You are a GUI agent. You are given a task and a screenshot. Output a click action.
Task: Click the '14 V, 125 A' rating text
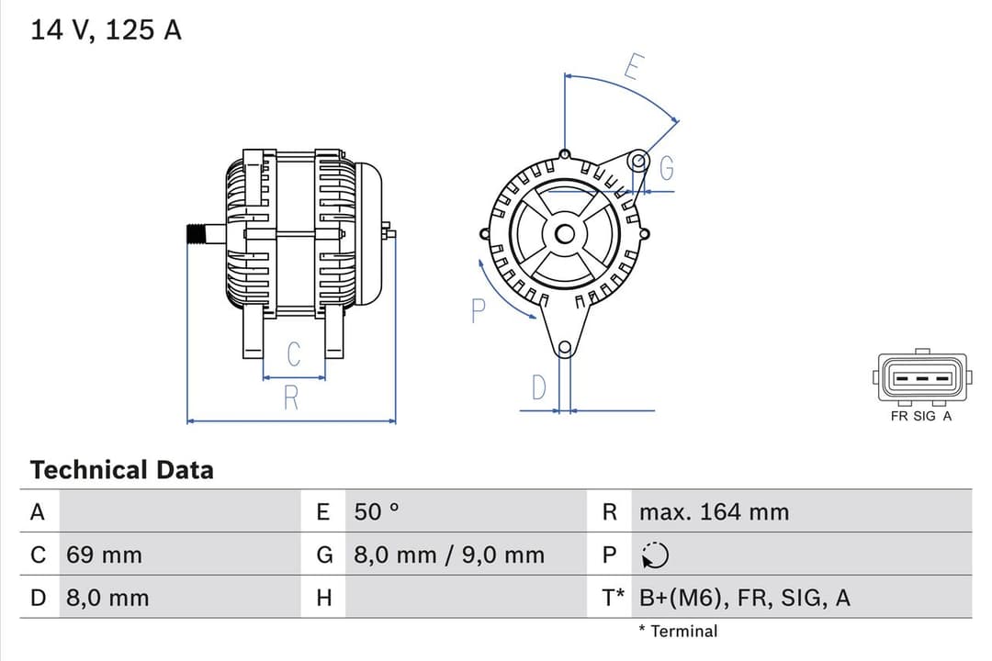[x=107, y=30]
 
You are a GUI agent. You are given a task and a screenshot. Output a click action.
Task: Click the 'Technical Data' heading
[x=121, y=470]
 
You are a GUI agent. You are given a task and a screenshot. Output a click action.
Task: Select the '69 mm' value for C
[x=104, y=555]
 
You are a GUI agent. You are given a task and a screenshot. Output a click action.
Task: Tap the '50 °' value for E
[x=377, y=512]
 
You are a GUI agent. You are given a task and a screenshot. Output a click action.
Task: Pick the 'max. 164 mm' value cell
[x=714, y=512]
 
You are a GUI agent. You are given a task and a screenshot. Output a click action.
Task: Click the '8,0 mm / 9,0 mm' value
[x=448, y=555]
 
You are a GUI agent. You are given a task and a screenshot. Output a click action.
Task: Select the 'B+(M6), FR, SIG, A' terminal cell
[x=744, y=599]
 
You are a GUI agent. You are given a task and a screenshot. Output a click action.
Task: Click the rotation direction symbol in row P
[x=656, y=555]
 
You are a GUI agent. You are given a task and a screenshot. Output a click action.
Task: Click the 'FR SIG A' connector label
[x=921, y=416]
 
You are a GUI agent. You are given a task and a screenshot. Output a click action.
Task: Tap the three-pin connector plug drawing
[x=921, y=378]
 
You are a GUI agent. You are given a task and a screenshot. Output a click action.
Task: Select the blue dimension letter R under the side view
[x=291, y=398]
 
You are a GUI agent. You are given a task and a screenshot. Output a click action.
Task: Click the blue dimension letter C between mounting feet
[x=294, y=354]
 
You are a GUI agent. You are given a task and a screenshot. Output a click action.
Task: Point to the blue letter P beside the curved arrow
[x=477, y=311]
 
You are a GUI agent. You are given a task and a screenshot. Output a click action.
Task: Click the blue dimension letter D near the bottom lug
[x=539, y=388]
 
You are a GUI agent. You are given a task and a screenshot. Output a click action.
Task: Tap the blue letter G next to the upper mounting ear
[x=667, y=169]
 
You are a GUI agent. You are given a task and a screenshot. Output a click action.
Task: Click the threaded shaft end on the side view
[x=196, y=234]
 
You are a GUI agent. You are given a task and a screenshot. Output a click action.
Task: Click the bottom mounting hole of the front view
[x=564, y=348]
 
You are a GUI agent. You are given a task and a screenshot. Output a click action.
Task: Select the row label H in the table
[x=323, y=599]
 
